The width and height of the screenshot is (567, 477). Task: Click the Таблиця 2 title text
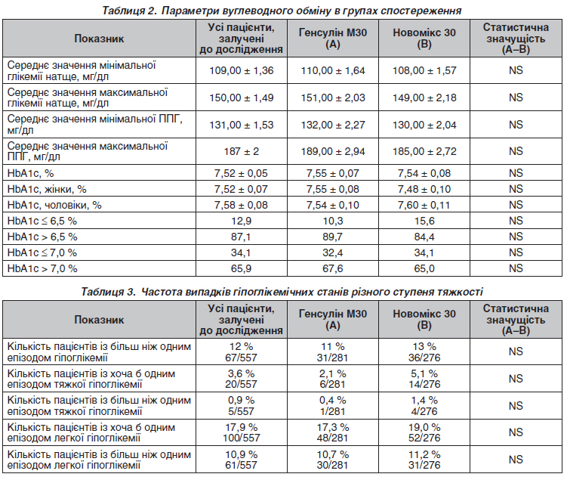point(282,10)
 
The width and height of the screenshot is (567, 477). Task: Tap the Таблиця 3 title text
point(282,292)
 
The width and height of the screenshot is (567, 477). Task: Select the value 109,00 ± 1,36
point(241,70)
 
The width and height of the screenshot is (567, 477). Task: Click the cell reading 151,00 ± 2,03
point(333,98)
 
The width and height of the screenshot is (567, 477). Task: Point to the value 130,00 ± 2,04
point(424,125)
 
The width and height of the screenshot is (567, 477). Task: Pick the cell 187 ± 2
point(241,151)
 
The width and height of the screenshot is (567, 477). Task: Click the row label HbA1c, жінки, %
point(47,189)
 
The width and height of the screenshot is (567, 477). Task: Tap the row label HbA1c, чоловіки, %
point(54,205)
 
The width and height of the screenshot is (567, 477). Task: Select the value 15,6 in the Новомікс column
point(424,221)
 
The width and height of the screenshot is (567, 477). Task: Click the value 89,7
point(333,237)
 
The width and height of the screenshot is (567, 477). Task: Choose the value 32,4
point(333,252)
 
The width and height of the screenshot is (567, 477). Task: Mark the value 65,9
point(241,269)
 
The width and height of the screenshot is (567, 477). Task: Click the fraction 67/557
point(241,358)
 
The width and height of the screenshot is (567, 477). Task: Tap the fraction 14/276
point(424,384)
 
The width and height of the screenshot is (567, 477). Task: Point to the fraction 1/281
point(333,411)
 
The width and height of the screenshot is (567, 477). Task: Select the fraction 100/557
point(241,438)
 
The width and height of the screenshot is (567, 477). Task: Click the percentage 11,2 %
point(424,454)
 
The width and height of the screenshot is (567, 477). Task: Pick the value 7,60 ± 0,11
point(424,205)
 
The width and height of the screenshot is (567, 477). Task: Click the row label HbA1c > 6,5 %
point(42,237)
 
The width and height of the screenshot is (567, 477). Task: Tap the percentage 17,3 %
point(333,427)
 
